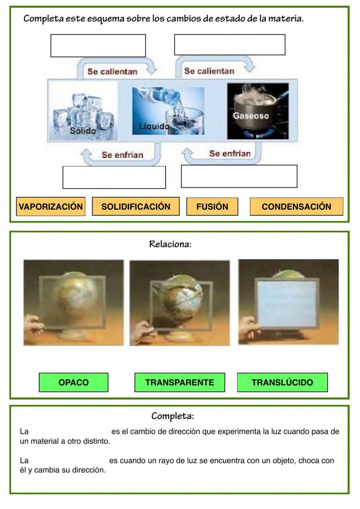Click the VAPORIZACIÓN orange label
(51, 207)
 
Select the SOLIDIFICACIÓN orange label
(136, 207)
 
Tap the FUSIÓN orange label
(212, 207)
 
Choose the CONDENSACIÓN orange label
(296, 207)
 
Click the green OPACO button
(73, 383)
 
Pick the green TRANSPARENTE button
(180, 383)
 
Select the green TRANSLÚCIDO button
(282, 383)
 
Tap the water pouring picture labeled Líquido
(168, 111)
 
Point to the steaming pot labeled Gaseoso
(258, 111)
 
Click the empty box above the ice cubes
(98, 46)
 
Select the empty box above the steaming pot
(230, 45)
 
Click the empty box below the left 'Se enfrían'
(114, 177)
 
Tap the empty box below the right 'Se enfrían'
(239, 177)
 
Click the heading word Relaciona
(170, 244)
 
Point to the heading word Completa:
(172, 416)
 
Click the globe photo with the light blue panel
(288, 302)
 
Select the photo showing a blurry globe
(73, 303)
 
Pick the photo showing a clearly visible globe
(180, 303)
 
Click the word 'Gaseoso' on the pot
(251, 116)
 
